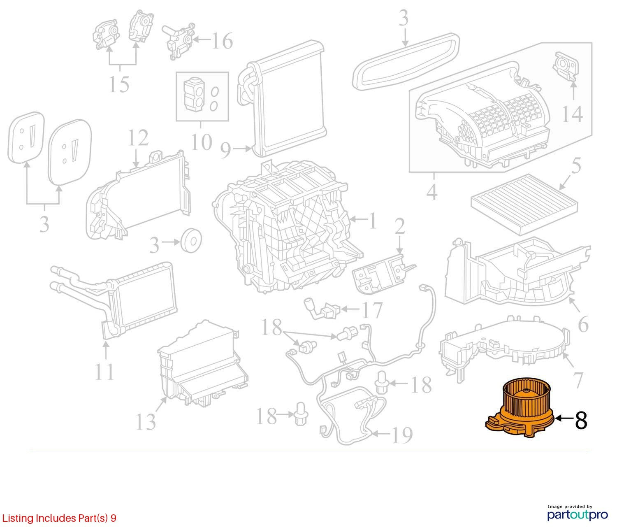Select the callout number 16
(222, 41)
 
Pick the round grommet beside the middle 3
(191, 241)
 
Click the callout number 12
(138, 138)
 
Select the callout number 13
(146, 422)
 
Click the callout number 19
(402, 435)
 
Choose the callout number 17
(372, 310)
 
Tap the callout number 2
(400, 226)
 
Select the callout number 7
(578, 380)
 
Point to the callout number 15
(119, 84)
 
